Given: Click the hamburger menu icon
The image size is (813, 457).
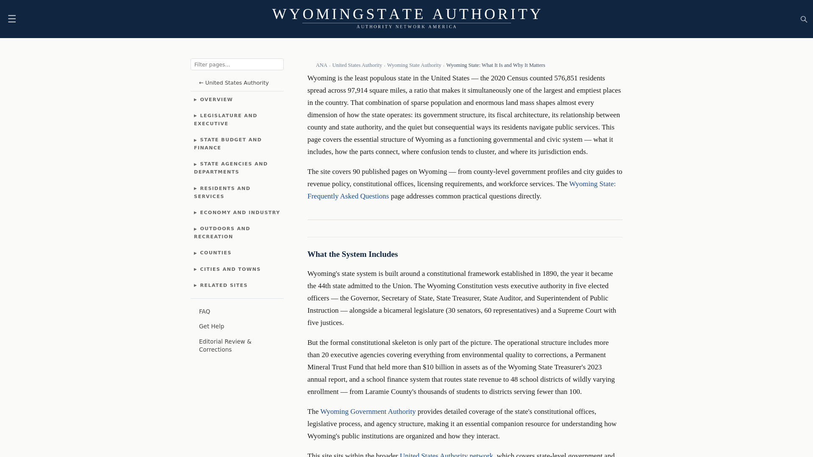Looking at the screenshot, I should coord(12,19).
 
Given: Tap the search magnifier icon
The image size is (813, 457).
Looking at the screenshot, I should coord(804,19).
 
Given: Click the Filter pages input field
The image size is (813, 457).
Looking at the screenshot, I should coord(237,64).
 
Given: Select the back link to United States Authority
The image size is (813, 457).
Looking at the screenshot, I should coord(234,83).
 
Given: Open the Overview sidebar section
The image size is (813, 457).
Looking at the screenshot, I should coord(216,100).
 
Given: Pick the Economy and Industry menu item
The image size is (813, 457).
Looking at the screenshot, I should coord(240,213).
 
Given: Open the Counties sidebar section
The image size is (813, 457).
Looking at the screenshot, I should coord(216,253).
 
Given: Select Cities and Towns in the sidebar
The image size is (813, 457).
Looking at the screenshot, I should coord(230,270).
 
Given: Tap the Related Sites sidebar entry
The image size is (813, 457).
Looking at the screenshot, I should coord(224,286).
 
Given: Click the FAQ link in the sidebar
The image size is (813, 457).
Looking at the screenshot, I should coord(205,312).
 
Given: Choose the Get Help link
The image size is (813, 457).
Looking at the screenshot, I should coord(212,327).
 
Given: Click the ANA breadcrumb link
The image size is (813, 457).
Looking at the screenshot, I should coord(321,65).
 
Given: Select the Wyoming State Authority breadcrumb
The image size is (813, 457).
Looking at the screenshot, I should coord(414,65).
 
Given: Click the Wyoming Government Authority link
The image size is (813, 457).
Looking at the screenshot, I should coord(368,412).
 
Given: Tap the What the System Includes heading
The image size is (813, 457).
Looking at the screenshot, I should coord(352,254).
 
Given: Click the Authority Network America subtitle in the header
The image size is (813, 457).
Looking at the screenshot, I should coord(406,27).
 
